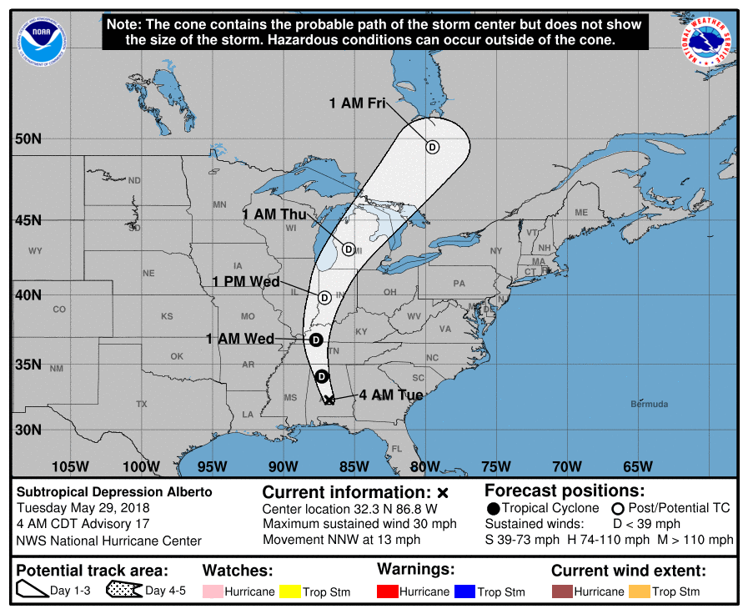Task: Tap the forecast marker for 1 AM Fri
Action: [x=432, y=147]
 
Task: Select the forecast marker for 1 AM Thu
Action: [x=349, y=249]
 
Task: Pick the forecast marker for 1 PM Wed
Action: [x=324, y=297]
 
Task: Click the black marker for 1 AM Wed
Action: [x=316, y=340]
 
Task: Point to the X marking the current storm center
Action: [x=329, y=400]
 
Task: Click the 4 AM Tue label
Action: [x=391, y=395]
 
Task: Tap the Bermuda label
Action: [x=650, y=405]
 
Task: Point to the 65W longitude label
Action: [x=638, y=466]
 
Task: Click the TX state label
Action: [x=142, y=404]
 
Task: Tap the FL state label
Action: [x=396, y=448]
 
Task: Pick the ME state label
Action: [x=581, y=212]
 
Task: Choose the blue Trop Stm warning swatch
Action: [x=464, y=591]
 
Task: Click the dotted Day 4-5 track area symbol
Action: [x=123, y=591]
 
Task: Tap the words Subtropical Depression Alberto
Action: [x=115, y=492]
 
